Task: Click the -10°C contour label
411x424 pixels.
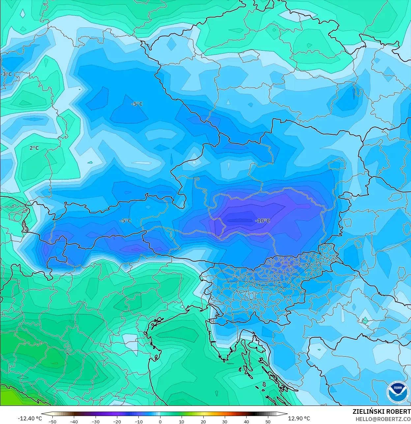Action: coord(263,221)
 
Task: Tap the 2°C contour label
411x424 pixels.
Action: coord(34,148)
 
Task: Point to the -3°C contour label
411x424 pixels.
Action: coord(6,74)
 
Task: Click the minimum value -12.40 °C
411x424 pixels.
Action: coord(30,418)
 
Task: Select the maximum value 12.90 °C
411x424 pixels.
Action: coord(299,418)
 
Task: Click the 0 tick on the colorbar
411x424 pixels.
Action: coord(160,422)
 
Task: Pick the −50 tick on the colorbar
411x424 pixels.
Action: coord(52,422)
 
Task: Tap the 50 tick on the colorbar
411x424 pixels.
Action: coord(268,422)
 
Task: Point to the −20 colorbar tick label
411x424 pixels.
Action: coord(117,422)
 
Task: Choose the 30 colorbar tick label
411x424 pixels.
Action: coord(225,422)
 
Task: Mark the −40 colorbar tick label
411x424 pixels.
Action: coord(74,422)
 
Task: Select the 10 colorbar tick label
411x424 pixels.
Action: coord(182,422)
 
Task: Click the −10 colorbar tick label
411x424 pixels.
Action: coord(138,422)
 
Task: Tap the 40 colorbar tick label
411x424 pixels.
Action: coord(246,422)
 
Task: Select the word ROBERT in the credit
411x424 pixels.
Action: coord(399,411)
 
